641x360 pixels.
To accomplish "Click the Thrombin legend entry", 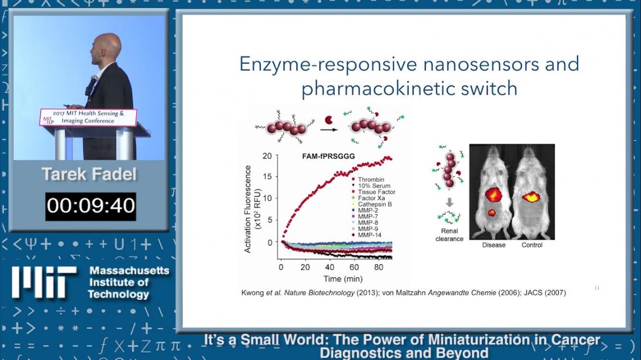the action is tap(368, 179).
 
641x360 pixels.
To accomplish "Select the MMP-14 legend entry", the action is tap(367, 235).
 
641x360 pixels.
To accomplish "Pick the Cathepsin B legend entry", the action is tap(372, 204).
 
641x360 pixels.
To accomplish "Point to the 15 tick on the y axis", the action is tap(267, 177).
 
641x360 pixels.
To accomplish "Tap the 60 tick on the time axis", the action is tap(354, 267).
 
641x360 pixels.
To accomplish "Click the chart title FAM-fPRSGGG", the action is tap(329, 156).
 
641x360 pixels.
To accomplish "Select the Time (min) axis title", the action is tap(343, 279).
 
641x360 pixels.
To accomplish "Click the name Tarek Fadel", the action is tap(89, 174).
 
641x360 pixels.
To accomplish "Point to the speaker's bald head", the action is tap(106, 46).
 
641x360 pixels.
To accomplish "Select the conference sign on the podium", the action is tap(88, 117).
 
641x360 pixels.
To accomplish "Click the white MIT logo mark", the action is tap(44, 282).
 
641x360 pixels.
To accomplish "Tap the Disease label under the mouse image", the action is tap(494, 245).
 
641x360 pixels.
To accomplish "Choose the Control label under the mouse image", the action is tap(532, 245).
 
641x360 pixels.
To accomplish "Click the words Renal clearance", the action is tap(449, 235).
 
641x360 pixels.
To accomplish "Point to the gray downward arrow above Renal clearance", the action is tap(449, 202).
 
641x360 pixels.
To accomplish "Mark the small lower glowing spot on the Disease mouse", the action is tap(491, 212).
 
